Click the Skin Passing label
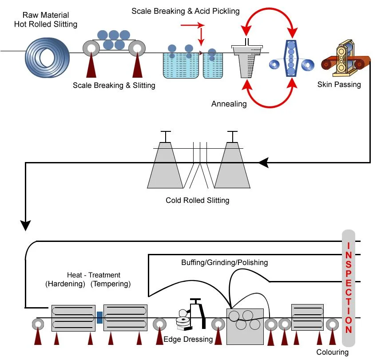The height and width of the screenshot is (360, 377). point(339,84)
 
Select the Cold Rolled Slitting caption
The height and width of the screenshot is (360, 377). point(198,200)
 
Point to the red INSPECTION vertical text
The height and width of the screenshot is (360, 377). point(349,288)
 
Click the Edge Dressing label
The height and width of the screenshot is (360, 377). point(188,340)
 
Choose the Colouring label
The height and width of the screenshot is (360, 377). point(333,352)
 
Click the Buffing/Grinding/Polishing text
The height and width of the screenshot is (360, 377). point(225,262)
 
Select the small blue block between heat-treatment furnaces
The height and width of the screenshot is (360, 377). point(100,317)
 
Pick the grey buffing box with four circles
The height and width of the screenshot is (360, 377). point(245,326)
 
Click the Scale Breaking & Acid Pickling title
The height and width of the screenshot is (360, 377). point(186,11)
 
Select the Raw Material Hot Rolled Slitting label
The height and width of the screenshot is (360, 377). point(46,20)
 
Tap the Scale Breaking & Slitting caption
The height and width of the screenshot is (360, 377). point(114,85)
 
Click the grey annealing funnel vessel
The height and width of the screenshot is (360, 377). point(245,62)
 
